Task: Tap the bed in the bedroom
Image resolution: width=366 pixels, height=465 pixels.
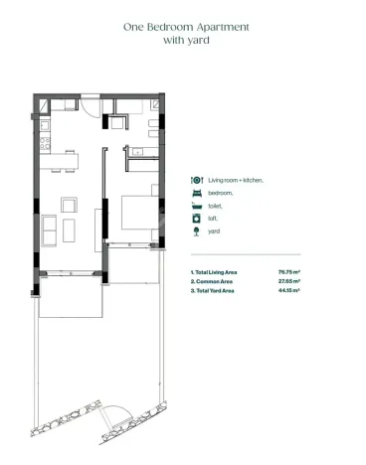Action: (x=138, y=213)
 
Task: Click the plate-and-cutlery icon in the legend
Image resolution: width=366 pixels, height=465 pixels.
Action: (x=196, y=180)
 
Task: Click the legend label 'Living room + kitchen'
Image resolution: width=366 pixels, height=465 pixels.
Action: (x=234, y=180)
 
